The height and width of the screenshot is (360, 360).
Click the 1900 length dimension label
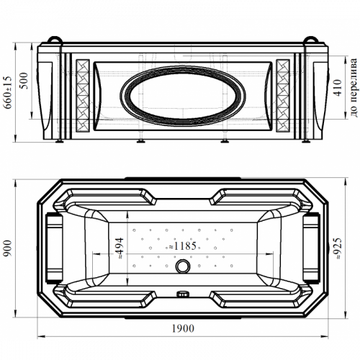183,328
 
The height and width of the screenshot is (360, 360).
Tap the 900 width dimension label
8,248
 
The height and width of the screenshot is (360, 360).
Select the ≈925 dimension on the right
338,248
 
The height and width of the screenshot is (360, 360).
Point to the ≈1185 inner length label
183,246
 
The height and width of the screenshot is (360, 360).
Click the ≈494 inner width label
120,248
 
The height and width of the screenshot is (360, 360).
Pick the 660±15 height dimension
7,92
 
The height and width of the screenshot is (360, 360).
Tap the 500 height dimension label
24,81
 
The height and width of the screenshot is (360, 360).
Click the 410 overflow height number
338,88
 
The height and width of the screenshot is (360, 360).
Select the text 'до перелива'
354,87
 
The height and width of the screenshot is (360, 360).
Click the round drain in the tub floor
183,266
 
